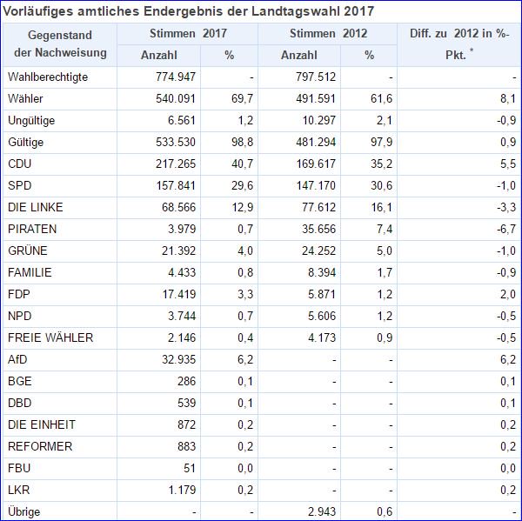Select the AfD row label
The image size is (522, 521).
coord(17,359)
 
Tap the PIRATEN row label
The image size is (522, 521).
coord(32,229)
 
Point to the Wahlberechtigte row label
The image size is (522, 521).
coord(48,77)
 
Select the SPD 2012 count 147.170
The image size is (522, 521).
coord(312,185)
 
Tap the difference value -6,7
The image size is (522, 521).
coord(505,229)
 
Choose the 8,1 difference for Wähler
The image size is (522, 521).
coord(509,98)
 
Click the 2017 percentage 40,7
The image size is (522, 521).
coord(241,164)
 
